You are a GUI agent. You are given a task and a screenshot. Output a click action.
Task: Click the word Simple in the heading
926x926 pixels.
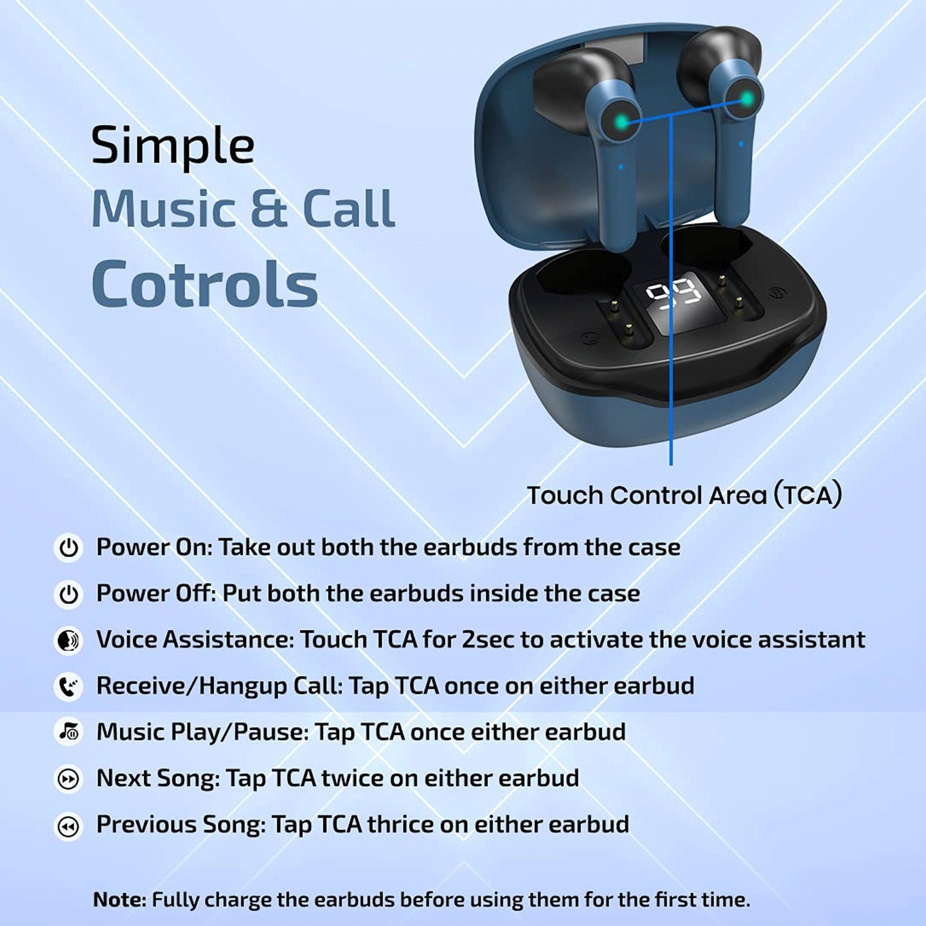coord(172,145)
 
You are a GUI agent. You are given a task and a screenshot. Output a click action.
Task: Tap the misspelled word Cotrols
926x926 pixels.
coord(205,284)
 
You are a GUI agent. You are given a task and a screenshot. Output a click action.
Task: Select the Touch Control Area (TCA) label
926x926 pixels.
coord(684,495)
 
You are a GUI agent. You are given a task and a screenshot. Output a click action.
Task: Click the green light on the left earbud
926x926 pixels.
coord(621,122)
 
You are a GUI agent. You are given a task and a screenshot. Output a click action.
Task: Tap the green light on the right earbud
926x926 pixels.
coord(747,99)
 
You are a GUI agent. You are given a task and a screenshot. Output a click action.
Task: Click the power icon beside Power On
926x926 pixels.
coord(69,547)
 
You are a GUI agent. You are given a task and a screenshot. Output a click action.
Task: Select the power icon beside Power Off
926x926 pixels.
coord(69,594)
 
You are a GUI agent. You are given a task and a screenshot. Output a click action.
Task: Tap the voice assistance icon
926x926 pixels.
coord(69,640)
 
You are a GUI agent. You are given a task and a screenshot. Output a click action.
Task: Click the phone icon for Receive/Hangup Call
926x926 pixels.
coord(69,686)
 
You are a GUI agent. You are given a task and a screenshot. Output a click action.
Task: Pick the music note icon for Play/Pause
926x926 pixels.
coord(69,732)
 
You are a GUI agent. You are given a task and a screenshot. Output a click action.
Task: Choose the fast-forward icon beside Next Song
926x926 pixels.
coord(69,779)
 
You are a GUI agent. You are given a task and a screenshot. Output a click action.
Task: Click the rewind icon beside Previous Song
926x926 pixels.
coord(69,826)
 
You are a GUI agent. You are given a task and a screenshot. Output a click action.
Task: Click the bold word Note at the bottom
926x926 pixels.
coord(120,899)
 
